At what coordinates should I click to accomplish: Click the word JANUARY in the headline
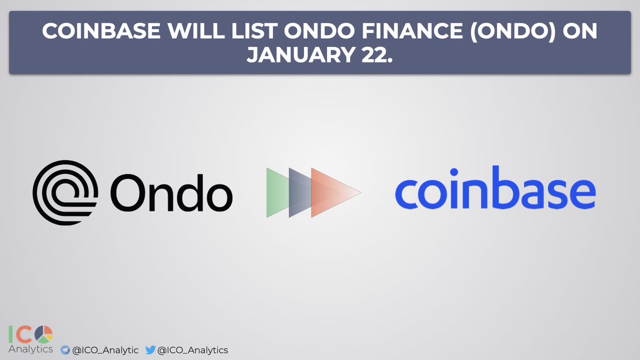click(299, 55)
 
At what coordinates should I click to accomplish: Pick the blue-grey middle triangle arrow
click(299, 193)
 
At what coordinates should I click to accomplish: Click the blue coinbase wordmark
click(494, 189)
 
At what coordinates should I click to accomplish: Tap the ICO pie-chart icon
click(44, 334)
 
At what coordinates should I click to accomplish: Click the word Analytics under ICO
click(30, 349)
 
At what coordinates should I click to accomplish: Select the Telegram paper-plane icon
click(65, 350)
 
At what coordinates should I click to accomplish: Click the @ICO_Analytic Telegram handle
click(105, 350)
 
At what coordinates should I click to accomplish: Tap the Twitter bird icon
click(150, 350)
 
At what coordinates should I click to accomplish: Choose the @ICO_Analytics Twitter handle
click(193, 350)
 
